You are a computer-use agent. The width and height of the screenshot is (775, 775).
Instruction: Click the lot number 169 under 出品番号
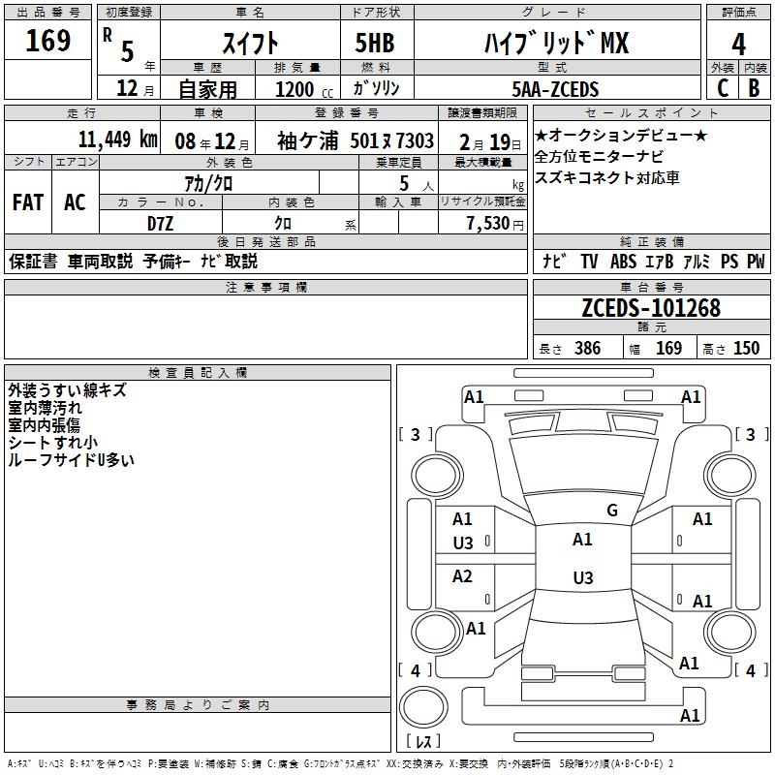pyautogui.click(x=48, y=42)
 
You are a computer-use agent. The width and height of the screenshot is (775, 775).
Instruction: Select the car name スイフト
pyautogui.click(x=251, y=43)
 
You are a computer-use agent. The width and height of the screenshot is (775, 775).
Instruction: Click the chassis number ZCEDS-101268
pyautogui.click(x=651, y=309)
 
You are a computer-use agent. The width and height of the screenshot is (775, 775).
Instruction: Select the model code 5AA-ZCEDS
pyautogui.click(x=555, y=89)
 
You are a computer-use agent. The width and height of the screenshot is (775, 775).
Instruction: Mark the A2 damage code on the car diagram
pyautogui.click(x=463, y=577)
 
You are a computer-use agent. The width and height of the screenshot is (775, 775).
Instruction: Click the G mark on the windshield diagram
pyautogui.click(x=611, y=511)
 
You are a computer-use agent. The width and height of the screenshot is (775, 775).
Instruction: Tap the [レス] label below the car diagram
pyautogui.click(x=423, y=741)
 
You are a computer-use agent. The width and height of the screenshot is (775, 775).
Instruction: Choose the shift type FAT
pyautogui.click(x=28, y=202)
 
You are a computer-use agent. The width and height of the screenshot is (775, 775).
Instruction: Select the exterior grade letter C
pyautogui.click(x=723, y=88)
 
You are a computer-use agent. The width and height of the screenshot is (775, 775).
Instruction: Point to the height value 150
pyautogui.click(x=746, y=349)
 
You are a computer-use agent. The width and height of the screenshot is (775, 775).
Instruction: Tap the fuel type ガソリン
pyautogui.click(x=378, y=89)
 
